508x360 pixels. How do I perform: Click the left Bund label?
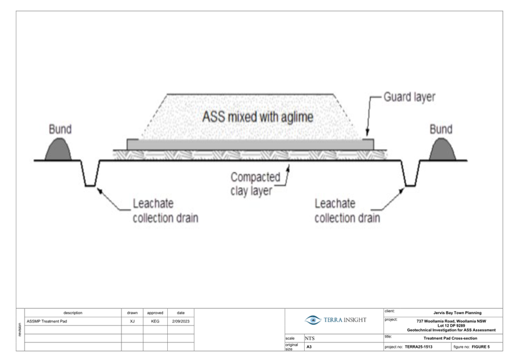60,129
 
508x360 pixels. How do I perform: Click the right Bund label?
440,129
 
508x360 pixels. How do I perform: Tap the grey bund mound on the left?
60,150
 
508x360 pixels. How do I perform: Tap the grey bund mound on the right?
442,150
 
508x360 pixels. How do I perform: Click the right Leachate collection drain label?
347,210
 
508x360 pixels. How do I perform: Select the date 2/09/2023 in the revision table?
180,322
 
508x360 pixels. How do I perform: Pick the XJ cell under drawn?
132,322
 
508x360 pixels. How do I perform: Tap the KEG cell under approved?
155,322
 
